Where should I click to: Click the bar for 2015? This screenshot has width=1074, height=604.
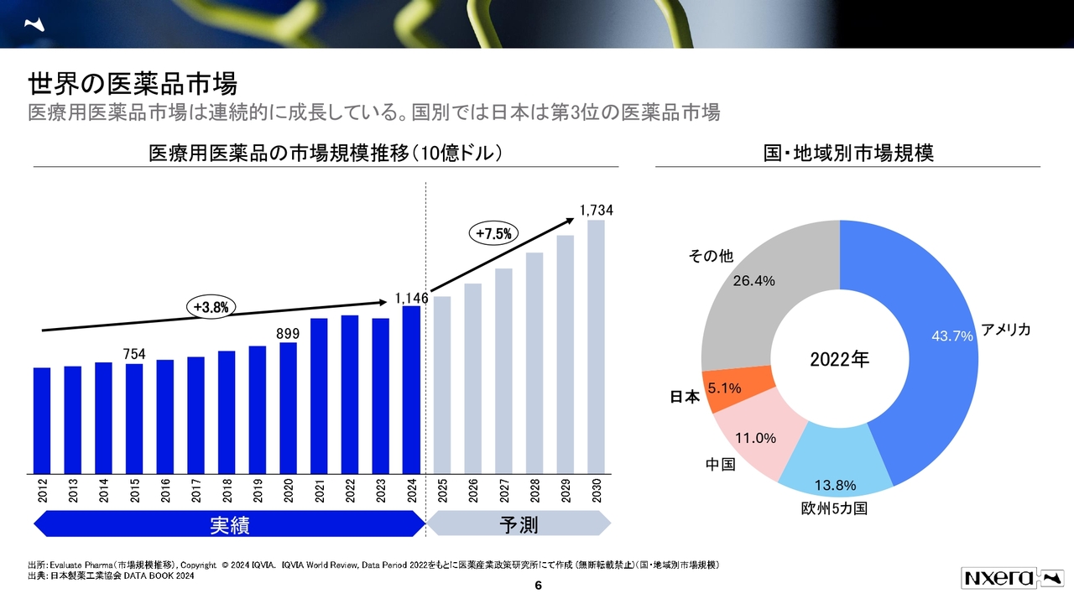tap(134, 419)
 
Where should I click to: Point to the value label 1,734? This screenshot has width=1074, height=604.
tap(596, 211)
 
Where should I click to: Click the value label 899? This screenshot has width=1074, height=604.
tap(288, 333)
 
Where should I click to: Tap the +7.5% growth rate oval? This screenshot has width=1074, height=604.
tap(493, 234)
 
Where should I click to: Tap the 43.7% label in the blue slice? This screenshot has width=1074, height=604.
tap(951, 336)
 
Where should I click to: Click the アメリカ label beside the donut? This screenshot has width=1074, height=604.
tap(1005, 331)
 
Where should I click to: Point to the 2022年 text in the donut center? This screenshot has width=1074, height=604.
tap(839, 360)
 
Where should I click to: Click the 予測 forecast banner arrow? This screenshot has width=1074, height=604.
tap(519, 525)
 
